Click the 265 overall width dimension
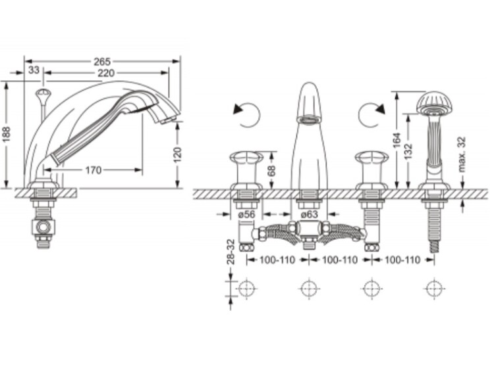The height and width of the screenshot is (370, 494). [102, 61]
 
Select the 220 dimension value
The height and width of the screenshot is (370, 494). [106, 73]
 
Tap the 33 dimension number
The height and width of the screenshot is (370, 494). [34, 70]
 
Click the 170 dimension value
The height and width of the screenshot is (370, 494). [94, 170]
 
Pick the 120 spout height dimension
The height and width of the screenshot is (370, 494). [178, 154]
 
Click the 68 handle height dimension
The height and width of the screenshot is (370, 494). [271, 170]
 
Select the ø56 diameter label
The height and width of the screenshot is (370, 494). [246, 214]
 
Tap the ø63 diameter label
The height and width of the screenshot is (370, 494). [309, 214]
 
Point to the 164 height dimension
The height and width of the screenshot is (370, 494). [397, 140]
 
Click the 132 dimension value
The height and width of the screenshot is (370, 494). [408, 151]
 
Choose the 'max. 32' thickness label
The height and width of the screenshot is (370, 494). [462, 154]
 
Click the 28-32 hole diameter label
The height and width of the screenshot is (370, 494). [231, 252]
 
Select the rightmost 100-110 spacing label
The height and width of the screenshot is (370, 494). [402, 260]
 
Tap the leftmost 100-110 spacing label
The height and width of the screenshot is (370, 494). [277, 260]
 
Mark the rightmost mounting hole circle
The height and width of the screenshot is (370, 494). [435, 289]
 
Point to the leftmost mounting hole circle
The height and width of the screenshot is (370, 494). [247, 289]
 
